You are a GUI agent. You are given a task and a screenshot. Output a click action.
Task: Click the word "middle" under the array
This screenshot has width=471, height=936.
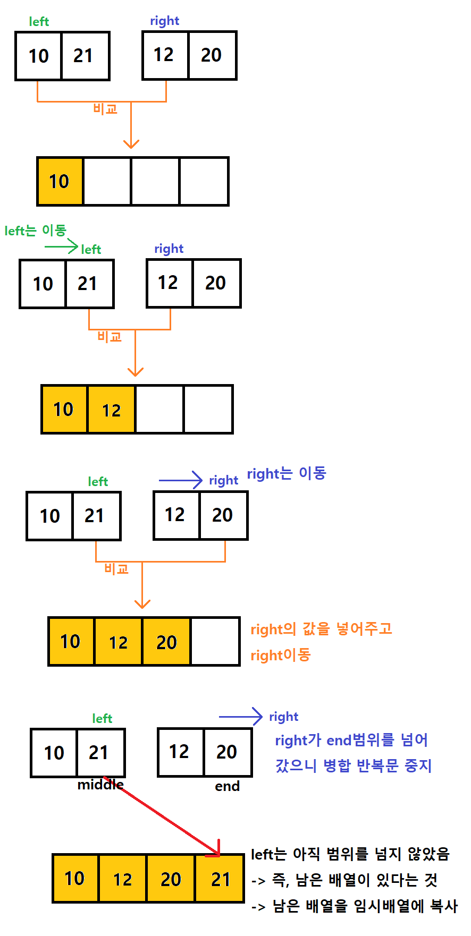coord(100,785)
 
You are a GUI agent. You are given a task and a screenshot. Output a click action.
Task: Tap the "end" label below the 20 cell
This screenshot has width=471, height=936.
coord(227,786)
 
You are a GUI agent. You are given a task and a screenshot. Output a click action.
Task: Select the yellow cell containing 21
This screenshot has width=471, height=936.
coord(220,879)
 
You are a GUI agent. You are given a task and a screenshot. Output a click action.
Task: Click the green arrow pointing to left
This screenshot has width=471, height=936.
coord(61,246)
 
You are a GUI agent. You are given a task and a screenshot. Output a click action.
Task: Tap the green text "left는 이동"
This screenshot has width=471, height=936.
coord(35,231)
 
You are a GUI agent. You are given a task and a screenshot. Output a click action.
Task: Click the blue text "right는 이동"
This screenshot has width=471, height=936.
coord(286,473)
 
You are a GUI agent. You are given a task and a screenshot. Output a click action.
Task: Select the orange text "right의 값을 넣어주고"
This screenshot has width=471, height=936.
coord(321,629)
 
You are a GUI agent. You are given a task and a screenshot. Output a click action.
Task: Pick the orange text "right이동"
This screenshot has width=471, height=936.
coord(280,655)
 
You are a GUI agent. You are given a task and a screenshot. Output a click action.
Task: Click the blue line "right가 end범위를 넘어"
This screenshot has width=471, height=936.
coord(351,740)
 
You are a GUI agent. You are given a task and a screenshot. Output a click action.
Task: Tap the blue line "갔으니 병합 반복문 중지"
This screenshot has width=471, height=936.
coord(353,765)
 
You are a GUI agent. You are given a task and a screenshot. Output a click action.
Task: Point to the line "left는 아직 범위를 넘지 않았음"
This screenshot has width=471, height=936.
coord(350,854)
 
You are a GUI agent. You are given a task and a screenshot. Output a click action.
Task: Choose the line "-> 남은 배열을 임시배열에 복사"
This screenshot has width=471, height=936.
coord(354,906)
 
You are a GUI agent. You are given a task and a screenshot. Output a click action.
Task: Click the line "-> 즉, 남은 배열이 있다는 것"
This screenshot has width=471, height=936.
coord(344,880)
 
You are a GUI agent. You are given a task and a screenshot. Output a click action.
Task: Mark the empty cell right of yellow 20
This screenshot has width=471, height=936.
coord(215,642)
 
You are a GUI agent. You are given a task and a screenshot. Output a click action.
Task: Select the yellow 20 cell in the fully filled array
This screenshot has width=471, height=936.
coord(171,879)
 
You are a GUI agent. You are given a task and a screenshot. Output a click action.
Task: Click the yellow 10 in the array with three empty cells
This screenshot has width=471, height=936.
coord(60,182)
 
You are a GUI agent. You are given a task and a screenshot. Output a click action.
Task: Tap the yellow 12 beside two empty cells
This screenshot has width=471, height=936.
coord(111,410)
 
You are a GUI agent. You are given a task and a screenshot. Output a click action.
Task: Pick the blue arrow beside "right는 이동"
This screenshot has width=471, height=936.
coord(181,480)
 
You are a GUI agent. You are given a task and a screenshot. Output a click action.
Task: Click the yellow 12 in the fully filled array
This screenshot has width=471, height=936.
coord(122,879)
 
